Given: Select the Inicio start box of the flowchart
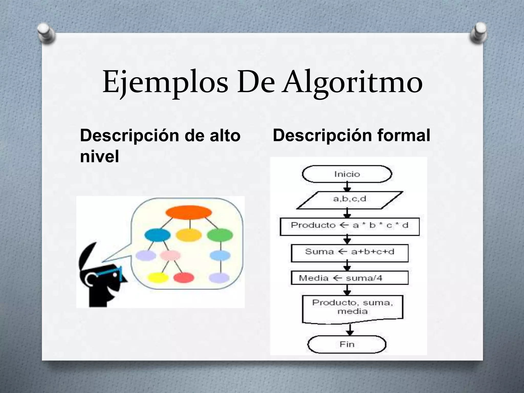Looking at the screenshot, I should tap(347, 174).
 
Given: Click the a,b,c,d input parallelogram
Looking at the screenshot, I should tap(350, 199).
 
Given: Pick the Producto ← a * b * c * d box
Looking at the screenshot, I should tap(350, 226).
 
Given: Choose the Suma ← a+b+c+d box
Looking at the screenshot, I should tap(350, 253).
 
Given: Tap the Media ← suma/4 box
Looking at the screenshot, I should tap(350, 278).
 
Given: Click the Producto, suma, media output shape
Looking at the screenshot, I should tap(352, 308).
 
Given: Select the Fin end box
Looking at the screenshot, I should tap(347, 344).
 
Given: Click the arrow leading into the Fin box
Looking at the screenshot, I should tap(350, 330).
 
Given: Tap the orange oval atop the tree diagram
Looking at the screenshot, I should tap(189, 212).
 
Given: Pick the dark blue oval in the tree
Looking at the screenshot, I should tap(157, 235).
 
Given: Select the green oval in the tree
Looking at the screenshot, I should tap(220, 235).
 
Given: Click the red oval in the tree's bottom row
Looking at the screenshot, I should tap(183, 278).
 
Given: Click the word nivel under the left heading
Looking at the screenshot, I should tap(100, 156).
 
